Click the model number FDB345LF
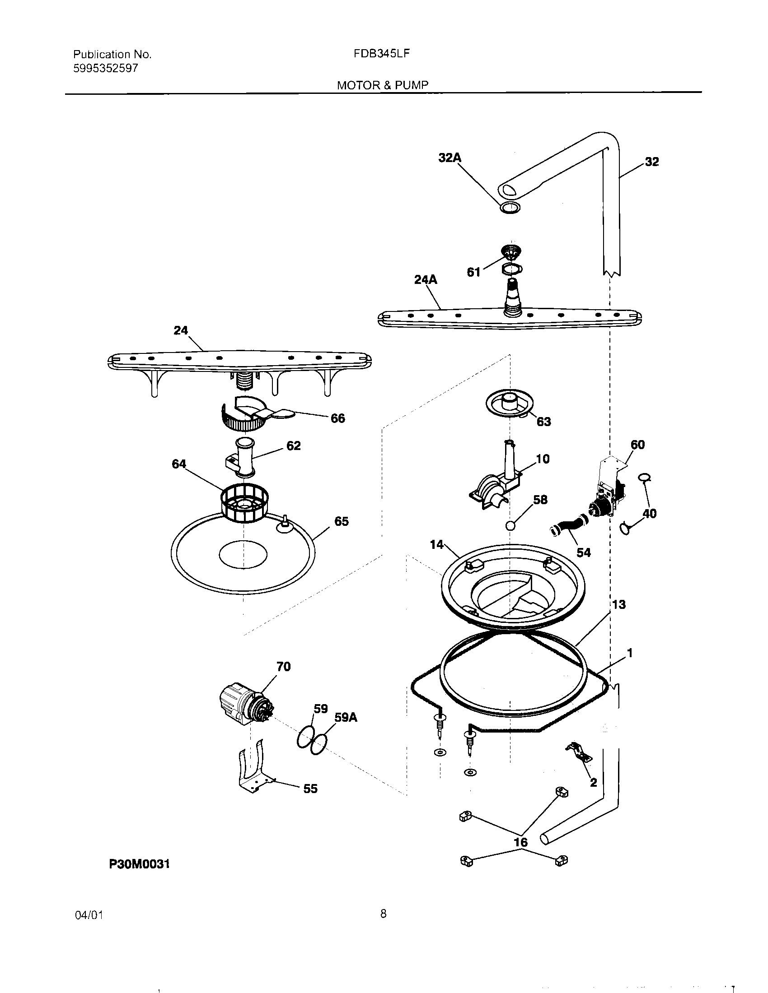pyautogui.click(x=382, y=54)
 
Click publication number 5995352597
pyautogui.click(x=106, y=68)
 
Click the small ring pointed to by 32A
pyautogui.click(x=510, y=208)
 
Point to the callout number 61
pyautogui.click(x=473, y=272)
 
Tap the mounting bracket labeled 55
pyautogui.click(x=253, y=771)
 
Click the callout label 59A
pyautogui.click(x=346, y=718)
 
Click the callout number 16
pyautogui.click(x=520, y=842)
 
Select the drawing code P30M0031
pyautogui.click(x=139, y=864)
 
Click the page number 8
pyautogui.click(x=383, y=913)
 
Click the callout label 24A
pyautogui.click(x=426, y=280)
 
